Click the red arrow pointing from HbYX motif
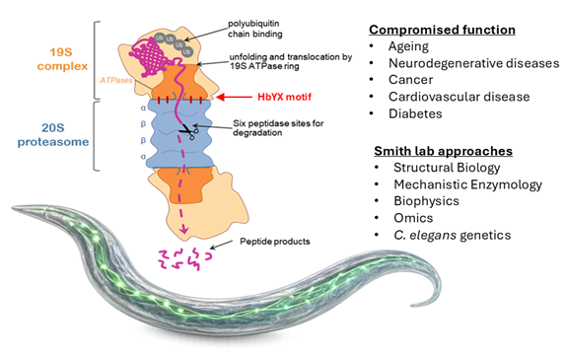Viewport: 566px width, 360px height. tap(234, 97)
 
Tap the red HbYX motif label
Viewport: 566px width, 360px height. tap(284, 97)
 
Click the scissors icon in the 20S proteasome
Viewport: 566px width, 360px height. tap(189, 131)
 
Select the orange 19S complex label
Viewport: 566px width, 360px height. tap(62, 59)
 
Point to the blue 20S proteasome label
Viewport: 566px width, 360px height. tap(53, 135)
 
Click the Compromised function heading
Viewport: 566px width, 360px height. tap(442, 30)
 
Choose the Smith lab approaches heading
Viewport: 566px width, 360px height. tap(444, 151)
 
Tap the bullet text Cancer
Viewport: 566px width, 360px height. tap(410, 80)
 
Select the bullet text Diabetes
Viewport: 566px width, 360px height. tap(415, 113)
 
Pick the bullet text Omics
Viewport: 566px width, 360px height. tap(413, 218)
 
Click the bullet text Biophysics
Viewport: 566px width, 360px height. tap(426, 201)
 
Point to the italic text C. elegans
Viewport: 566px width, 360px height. tap(425, 235)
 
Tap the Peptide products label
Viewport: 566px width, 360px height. tap(275, 242)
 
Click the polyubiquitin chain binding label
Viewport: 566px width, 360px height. tap(254, 29)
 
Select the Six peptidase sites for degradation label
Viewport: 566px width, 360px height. tap(278, 128)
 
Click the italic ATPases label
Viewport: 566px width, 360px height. tap(116, 80)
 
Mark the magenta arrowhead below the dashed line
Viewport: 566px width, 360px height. tap(184, 229)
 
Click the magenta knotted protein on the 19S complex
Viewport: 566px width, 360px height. tap(149, 56)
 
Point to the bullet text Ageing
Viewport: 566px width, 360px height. tap(408, 46)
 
